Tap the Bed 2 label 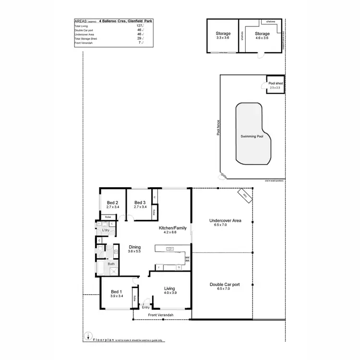point(112,202)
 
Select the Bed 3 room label point(140,202)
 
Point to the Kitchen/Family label point(173,228)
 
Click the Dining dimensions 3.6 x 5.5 point(134,252)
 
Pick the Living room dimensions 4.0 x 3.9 point(170,293)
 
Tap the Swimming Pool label point(252,136)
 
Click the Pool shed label point(276,84)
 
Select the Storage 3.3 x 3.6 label point(223,37)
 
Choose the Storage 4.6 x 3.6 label point(263,37)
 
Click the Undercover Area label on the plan point(225,221)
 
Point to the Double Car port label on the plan point(225,284)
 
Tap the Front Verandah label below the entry point(160,315)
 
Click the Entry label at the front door point(146,307)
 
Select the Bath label point(111,264)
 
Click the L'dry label point(106,231)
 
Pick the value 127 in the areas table point(140,26)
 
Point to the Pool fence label point(218,127)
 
